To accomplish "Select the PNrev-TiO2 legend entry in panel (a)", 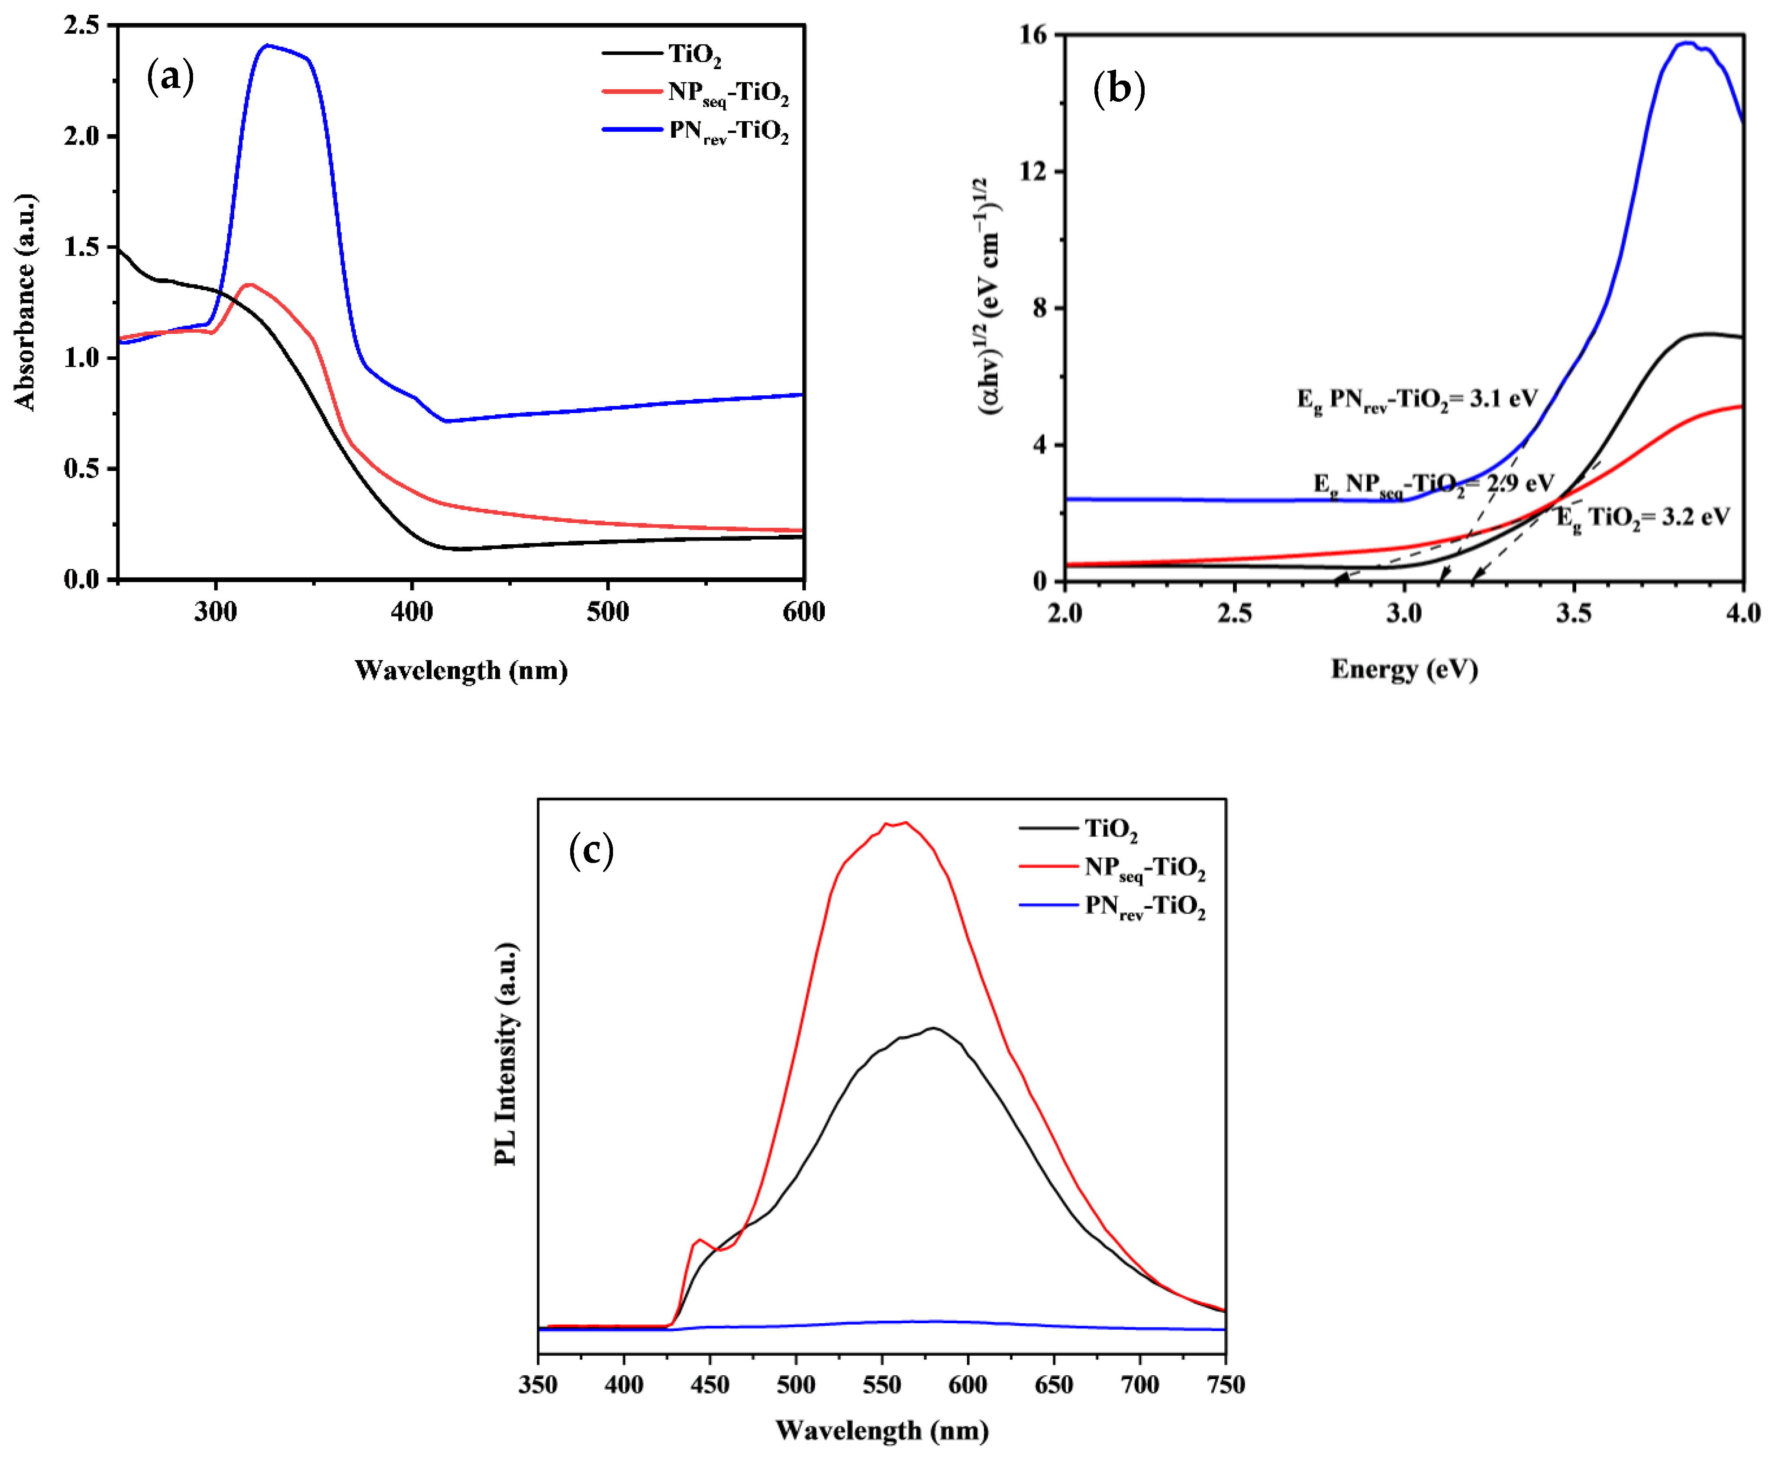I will point(729,132).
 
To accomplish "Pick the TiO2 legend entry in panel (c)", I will point(1111,830).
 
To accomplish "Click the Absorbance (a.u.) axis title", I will point(25,301).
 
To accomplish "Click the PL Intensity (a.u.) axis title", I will point(505,1054).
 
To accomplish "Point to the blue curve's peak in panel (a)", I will point(268,45).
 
